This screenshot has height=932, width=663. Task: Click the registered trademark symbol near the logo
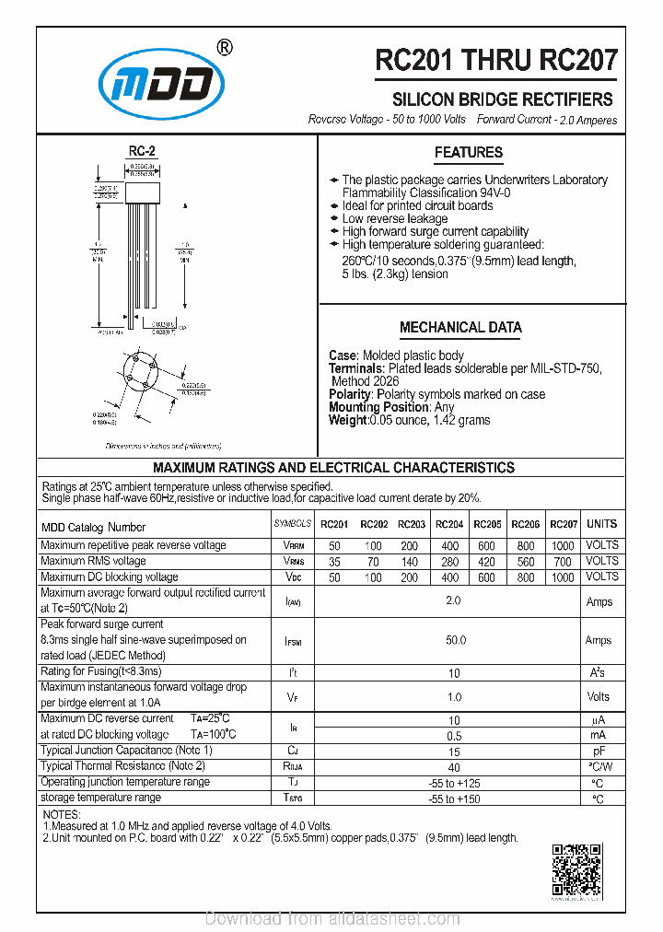(224, 48)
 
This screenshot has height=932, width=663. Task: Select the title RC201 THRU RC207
(496, 61)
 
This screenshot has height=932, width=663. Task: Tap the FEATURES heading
(469, 153)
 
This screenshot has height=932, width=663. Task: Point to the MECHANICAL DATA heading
(460, 327)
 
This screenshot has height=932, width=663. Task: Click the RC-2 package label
(142, 151)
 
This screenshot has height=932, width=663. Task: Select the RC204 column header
(448, 524)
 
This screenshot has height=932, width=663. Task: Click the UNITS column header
(602, 524)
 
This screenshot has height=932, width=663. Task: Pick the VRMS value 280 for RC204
(448, 561)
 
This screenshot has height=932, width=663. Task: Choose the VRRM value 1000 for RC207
(563, 545)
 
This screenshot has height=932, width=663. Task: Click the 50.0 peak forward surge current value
(456, 640)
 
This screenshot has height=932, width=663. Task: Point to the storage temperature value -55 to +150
(456, 798)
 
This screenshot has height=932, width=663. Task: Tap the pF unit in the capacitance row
(599, 751)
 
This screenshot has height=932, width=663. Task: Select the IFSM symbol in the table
(293, 641)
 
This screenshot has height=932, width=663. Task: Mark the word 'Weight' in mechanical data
(347, 420)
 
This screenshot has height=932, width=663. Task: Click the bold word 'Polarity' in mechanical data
(350, 394)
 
